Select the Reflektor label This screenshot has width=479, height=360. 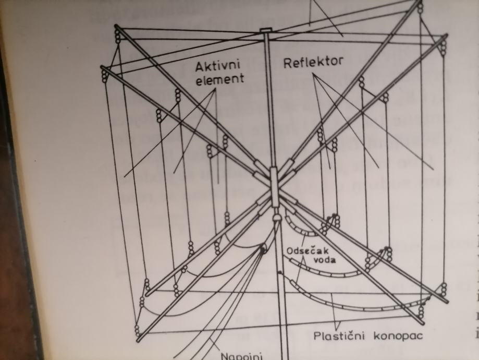coord(313,62)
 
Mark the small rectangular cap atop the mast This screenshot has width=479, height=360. coord(266,31)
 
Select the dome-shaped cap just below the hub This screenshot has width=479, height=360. coord(276,216)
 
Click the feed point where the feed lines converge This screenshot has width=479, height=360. coord(262,250)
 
